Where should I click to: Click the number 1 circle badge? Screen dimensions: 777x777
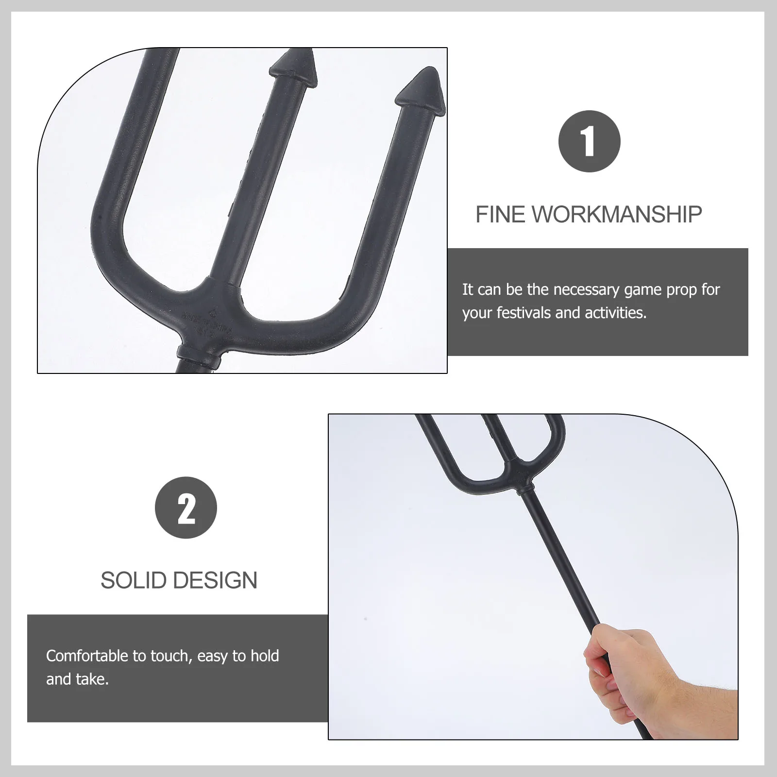(x=589, y=141)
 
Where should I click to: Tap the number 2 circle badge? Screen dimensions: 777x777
(x=186, y=507)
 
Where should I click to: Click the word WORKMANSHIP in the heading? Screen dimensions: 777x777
(x=617, y=215)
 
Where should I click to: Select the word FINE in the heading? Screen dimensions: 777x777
(x=500, y=215)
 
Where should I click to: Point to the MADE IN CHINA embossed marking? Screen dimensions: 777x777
(x=206, y=322)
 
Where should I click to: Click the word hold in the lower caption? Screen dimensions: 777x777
(x=265, y=656)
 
